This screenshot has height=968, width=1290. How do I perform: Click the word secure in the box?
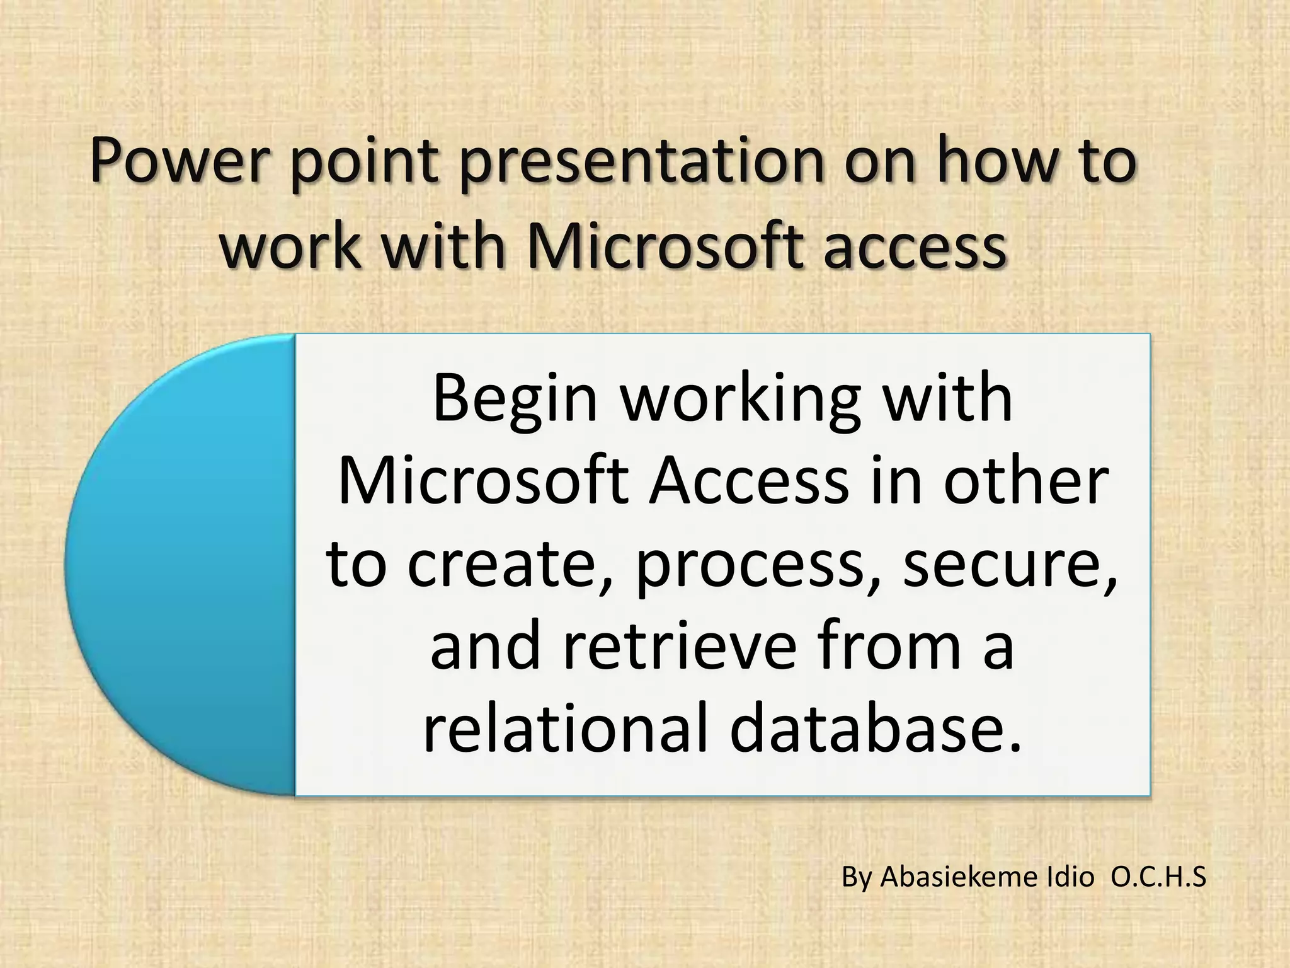(x=1008, y=563)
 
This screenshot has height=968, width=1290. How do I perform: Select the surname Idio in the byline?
(x=1070, y=877)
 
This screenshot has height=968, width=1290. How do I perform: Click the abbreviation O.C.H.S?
(x=1158, y=877)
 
